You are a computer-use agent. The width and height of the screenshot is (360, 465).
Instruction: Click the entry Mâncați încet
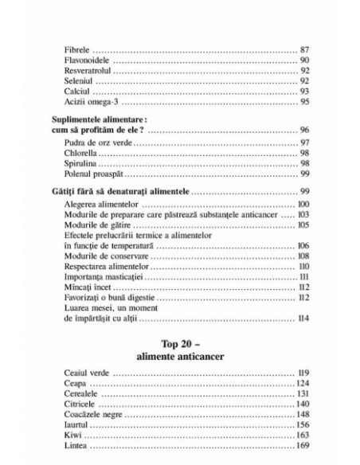click(x=83, y=287)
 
